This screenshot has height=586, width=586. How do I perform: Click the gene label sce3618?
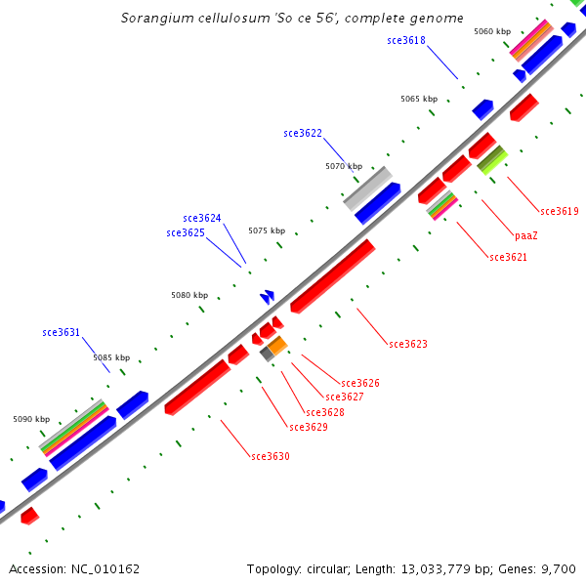tap(405, 40)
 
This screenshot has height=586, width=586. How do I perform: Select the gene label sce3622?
tap(303, 133)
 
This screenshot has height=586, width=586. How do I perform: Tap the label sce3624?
tap(202, 218)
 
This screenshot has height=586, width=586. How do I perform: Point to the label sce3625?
tap(186, 233)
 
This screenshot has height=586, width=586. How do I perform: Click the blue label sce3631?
tap(62, 332)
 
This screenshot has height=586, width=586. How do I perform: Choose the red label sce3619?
tap(560, 211)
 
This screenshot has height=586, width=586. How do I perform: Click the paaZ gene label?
tap(526, 235)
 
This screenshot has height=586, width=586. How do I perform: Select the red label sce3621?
tap(509, 257)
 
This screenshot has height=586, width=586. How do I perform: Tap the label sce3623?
tap(408, 344)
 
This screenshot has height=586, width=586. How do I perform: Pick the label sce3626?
tap(360, 383)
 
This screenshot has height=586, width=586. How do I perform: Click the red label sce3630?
tap(271, 456)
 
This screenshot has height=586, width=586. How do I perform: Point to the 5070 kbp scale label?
tap(344, 167)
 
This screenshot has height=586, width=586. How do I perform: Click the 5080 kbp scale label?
tap(189, 295)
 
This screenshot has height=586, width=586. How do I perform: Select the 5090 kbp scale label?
tap(31, 419)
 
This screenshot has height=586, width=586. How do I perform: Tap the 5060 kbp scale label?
tap(492, 31)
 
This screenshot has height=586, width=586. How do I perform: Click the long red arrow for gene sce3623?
tap(332, 275)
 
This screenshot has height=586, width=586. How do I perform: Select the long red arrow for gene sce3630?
tap(197, 386)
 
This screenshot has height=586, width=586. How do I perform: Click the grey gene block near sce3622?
tap(367, 188)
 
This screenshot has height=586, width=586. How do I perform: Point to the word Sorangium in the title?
tap(152, 19)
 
